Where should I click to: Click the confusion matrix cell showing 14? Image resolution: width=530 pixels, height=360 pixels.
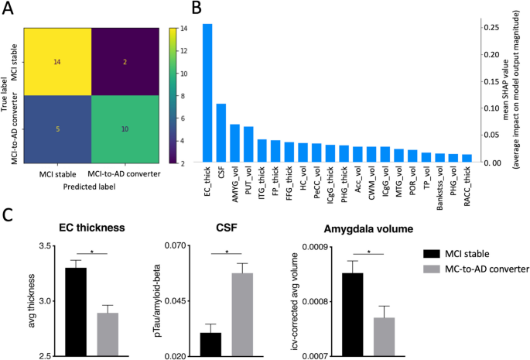[x=58, y=60]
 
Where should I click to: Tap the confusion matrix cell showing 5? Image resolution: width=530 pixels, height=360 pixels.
[x=58, y=129]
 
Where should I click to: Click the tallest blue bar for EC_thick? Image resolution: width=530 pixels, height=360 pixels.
[x=207, y=93]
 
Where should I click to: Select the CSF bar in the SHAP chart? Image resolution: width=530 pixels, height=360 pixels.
[x=221, y=132]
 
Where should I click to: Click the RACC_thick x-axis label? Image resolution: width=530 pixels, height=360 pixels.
[x=466, y=187]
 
